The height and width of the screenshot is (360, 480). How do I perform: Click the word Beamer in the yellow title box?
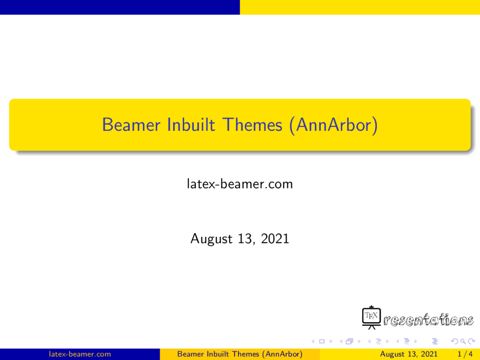click(131, 125)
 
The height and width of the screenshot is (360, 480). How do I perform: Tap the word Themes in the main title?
click(252, 125)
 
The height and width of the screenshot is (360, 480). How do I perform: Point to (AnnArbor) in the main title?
click(333, 126)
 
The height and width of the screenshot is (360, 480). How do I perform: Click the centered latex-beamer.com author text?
click(240, 184)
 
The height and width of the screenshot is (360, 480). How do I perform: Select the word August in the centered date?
click(211, 239)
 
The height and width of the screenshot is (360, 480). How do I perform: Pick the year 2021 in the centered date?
click(275, 239)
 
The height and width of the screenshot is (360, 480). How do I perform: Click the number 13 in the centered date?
click(246, 239)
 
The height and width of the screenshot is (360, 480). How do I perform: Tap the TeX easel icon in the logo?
click(371, 317)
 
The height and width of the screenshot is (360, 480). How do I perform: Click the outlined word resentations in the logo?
click(428, 320)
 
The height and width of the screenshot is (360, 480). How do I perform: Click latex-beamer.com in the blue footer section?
click(80, 354)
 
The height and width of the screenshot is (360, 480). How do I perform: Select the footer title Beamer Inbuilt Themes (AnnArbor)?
click(240, 354)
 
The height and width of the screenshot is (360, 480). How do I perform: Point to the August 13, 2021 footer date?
click(409, 354)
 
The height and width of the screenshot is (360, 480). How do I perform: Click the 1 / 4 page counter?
click(465, 354)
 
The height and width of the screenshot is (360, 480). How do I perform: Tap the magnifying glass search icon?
click(463, 341)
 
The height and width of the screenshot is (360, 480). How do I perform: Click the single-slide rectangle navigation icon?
click(322, 341)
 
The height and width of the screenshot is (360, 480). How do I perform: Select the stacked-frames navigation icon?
click(350, 341)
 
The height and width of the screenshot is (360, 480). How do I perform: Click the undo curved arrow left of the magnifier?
click(455, 341)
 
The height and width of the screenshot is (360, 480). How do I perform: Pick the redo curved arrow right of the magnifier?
click(472, 341)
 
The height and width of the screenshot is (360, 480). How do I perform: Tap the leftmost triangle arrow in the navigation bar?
click(313, 341)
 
